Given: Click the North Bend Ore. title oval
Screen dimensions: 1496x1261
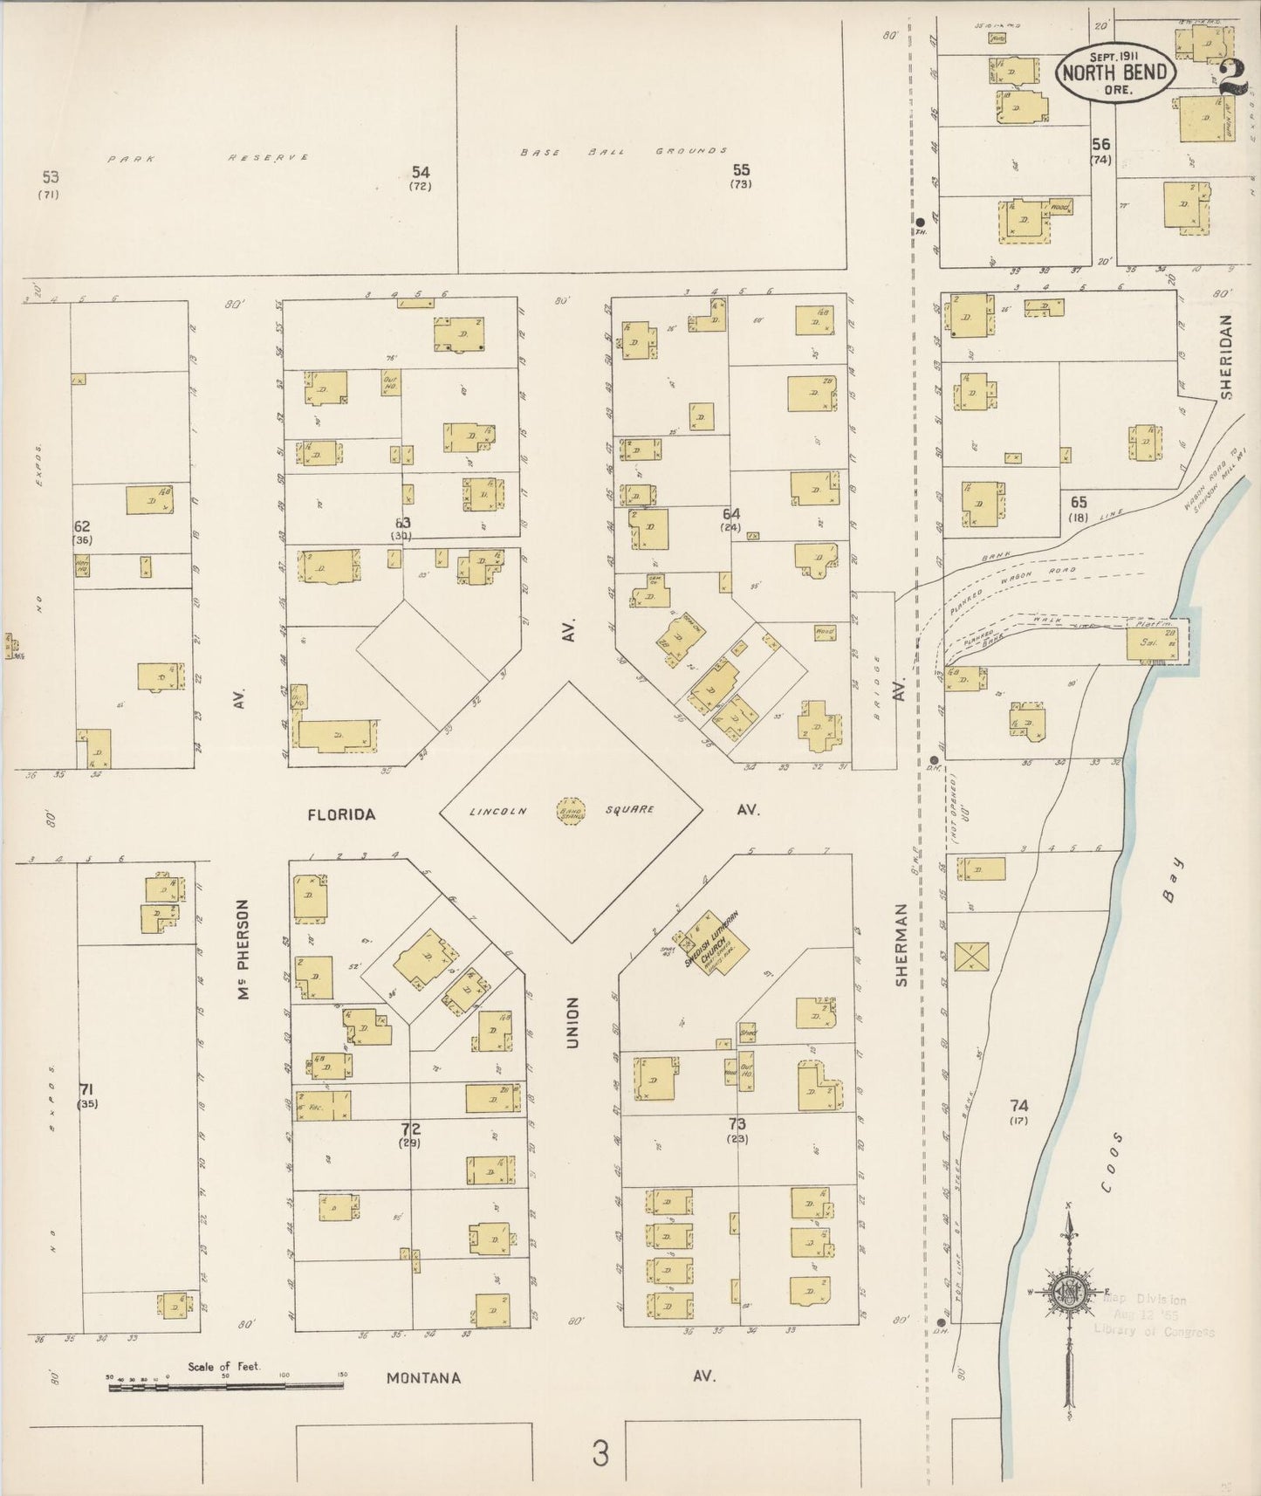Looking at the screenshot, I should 1115,71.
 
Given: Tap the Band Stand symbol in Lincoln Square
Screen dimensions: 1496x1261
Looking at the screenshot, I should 570,810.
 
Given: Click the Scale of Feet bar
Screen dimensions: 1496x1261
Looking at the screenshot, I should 226,1385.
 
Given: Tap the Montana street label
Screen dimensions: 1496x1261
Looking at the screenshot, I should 424,1378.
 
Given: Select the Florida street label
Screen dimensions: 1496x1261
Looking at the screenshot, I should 341,814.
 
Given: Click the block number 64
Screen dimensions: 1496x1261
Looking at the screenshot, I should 730,514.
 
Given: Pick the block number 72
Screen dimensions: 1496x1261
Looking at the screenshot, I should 409,1129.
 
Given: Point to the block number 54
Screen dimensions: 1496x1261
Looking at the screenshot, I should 421,173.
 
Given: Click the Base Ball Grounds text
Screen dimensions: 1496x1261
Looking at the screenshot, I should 623,151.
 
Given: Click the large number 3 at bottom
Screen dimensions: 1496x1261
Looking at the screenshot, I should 600,1453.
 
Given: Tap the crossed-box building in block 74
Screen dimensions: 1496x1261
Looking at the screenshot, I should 970,956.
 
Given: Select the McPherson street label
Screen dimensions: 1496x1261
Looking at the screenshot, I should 244,950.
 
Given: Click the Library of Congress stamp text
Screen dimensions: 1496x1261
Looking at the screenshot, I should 1153,1330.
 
